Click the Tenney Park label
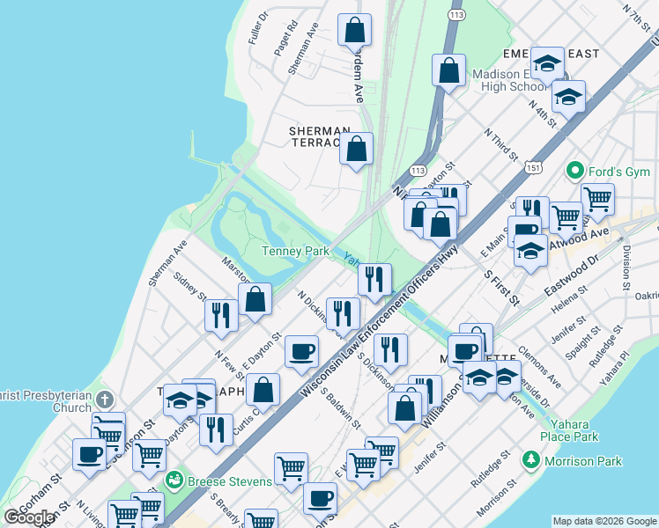(295, 252)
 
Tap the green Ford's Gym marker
(576, 169)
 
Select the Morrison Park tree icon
(530, 460)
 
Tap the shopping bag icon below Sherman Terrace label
(356, 150)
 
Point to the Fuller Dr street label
(257, 29)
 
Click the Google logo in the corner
(29, 517)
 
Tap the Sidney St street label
(190, 287)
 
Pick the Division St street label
(627, 260)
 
